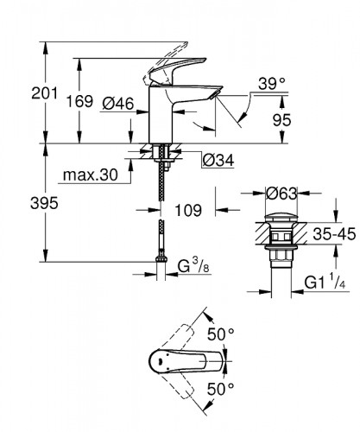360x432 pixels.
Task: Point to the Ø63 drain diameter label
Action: tap(279, 192)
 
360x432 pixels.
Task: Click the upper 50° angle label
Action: tap(225, 333)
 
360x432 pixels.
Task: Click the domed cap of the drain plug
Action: tap(277, 213)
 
